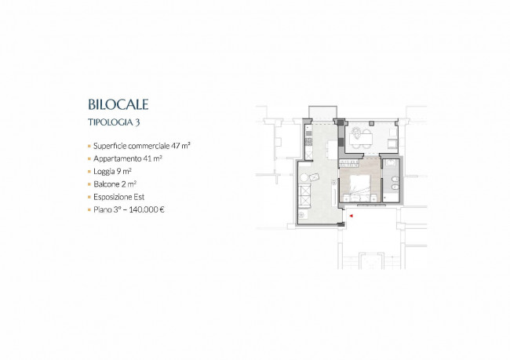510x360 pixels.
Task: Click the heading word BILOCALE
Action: (x=118, y=104)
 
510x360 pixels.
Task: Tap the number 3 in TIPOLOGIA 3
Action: (x=138, y=122)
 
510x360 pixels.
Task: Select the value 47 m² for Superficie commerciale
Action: (x=180, y=146)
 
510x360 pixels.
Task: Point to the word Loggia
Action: (x=104, y=172)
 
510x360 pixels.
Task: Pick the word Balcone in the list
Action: (x=107, y=184)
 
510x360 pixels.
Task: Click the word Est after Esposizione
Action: (x=139, y=197)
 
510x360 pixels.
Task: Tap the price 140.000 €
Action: (x=147, y=209)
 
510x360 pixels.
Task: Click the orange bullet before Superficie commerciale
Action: (x=89, y=146)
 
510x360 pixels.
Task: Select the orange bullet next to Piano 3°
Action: (x=89, y=209)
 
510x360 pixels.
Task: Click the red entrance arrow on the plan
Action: (x=351, y=215)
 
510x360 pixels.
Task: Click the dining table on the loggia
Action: (x=361, y=139)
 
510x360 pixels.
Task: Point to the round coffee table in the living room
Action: (x=304, y=178)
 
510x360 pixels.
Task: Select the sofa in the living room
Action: (x=304, y=196)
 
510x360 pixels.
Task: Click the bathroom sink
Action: (x=391, y=162)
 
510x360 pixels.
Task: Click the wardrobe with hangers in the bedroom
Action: (x=348, y=163)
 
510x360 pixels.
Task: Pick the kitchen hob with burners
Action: (x=308, y=141)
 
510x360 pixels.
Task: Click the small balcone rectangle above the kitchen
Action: (x=322, y=112)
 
